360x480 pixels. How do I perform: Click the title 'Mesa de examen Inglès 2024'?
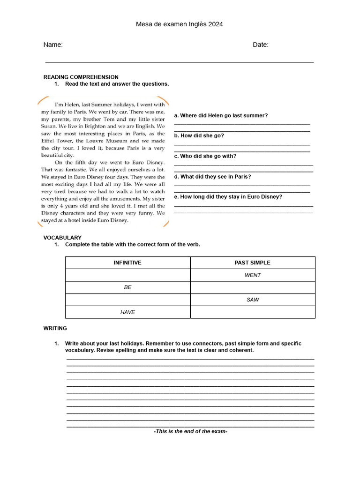click(x=180, y=24)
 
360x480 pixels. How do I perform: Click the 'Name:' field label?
click(x=53, y=45)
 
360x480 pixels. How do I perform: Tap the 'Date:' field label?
click(x=261, y=45)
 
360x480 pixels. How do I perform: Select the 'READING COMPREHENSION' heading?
click(x=81, y=77)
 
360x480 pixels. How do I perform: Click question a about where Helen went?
click(x=221, y=115)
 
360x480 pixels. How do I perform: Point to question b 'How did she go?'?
click(x=199, y=135)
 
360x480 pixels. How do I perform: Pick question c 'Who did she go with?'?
click(x=205, y=156)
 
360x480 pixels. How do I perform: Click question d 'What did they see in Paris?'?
click(x=212, y=177)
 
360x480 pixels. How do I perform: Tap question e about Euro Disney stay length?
click(x=228, y=197)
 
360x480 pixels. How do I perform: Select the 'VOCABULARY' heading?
click(x=62, y=238)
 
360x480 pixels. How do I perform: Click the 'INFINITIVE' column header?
click(x=127, y=263)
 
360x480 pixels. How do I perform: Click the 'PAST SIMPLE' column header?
click(x=253, y=263)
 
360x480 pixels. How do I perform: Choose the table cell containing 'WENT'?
click(x=253, y=275)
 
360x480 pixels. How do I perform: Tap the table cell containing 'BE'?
click(x=127, y=287)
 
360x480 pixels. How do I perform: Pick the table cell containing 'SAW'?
click(x=253, y=300)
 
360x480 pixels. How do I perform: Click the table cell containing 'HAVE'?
click(x=127, y=312)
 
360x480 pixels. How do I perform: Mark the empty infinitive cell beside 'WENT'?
click(x=127, y=275)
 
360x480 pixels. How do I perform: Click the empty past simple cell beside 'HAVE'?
click(x=253, y=312)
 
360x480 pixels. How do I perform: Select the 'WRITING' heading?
click(x=55, y=328)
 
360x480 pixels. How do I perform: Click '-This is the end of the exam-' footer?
click(x=190, y=431)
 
